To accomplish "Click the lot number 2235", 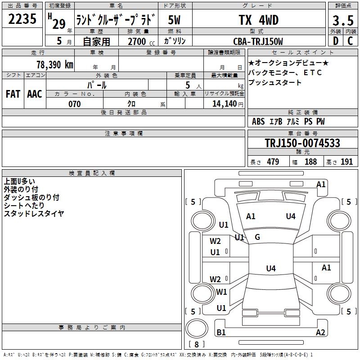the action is (x=22, y=20).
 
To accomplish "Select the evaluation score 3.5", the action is (x=342, y=21).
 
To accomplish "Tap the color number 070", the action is (x=74, y=104).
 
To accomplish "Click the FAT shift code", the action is (x=13, y=94).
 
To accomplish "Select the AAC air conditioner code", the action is (x=35, y=94).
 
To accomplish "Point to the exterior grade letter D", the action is (x=335, y=41).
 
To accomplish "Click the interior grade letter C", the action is (x=351, y=41).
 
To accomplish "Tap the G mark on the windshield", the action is (x=257, y=237).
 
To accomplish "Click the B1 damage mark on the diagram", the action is (x=221, y=333).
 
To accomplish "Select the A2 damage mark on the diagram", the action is (x=320, y=333).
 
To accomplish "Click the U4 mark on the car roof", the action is (x=270, y=269).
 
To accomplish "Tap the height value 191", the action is (x=346, y=162).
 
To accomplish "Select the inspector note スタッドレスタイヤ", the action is (x=34, y=213).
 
